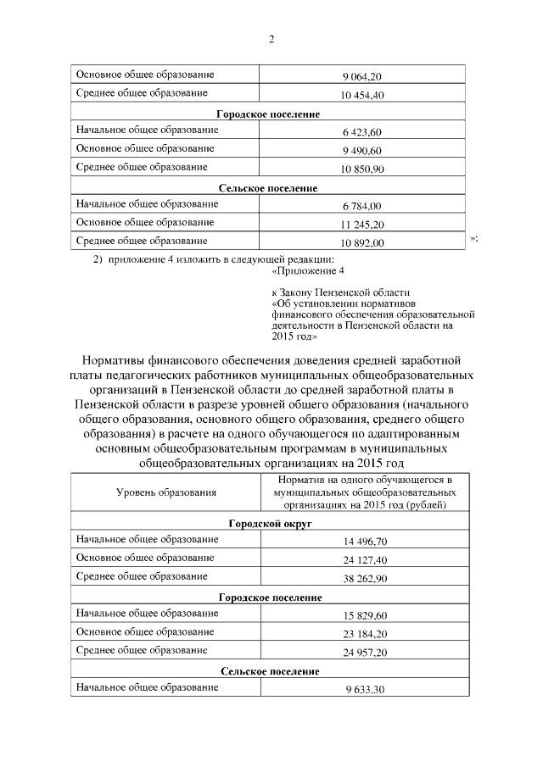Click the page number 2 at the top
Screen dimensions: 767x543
[x=271, y=39]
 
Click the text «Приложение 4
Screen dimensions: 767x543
[x=309, y=271]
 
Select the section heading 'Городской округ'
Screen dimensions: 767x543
[x=271, y=524]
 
